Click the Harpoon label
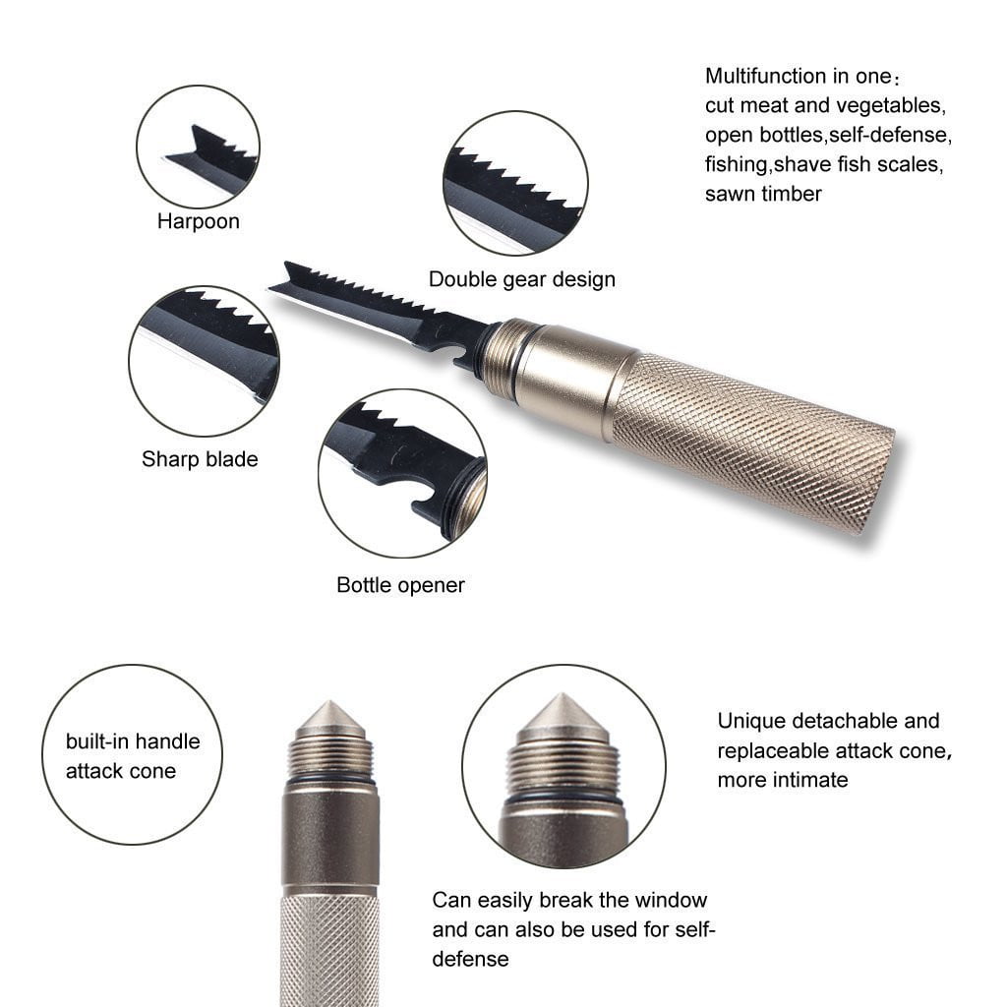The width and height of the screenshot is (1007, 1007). (199, 221)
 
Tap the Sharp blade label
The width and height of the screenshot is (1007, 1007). (200, 459)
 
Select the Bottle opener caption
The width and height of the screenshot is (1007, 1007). (400, 585)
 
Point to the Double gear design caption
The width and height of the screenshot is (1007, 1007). (521, 279)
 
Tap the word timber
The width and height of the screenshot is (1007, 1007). (792, 194)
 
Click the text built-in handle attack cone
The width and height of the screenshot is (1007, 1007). (133, 756)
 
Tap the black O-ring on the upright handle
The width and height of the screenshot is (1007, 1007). (330, 780)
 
